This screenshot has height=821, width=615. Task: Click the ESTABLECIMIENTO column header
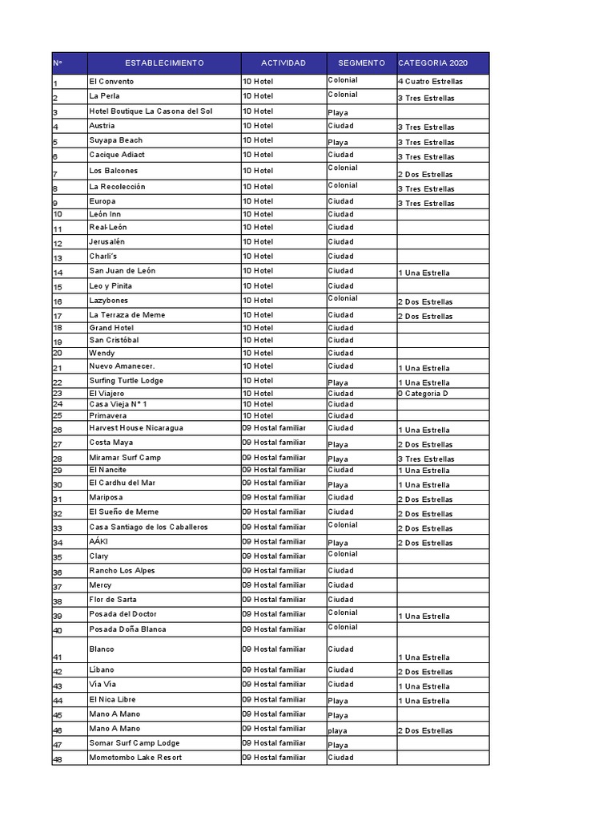(164, 63)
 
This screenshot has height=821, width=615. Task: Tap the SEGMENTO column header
(361, 63)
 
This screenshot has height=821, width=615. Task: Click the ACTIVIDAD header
(283, 63)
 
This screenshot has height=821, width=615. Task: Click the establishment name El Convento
(112, 82)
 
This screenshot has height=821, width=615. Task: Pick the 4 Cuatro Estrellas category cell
(430, 82)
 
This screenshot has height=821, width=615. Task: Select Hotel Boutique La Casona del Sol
(151, 111)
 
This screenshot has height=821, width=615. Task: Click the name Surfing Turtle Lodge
(127, 381)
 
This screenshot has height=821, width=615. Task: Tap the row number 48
(58, 759)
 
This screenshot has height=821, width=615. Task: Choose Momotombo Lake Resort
(135, 758)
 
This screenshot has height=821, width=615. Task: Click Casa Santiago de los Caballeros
(149, 527)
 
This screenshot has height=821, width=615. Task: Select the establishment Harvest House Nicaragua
(136, 428)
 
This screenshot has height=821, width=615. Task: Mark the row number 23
(58, 394)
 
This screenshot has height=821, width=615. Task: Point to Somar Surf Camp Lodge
(135, 743)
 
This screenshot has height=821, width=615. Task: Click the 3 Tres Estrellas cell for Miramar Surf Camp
(426, 459)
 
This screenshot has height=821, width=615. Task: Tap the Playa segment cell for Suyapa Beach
(338, 143)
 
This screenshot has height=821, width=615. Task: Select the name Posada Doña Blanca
(128, 629)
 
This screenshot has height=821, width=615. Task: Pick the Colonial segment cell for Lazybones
(343, 298)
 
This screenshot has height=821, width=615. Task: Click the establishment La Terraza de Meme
(127, 315)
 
